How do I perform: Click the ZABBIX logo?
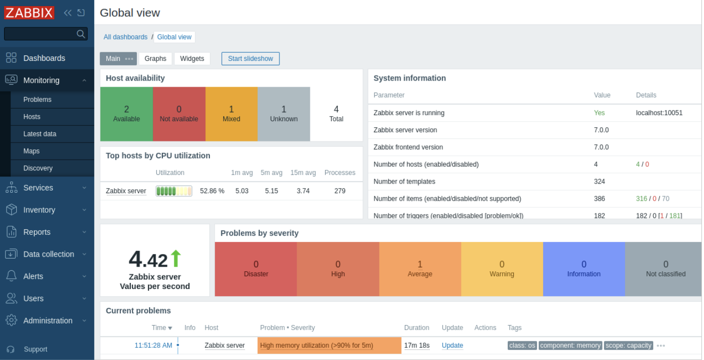tap(29, 13)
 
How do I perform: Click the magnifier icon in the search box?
tap(81, 34)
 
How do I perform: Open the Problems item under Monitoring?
tap(38, 99)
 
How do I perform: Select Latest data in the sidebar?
tap(40, 134)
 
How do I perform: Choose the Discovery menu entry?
tap(38, 168)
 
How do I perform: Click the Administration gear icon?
tap(11, 320)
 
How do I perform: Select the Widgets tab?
tap(192, 59)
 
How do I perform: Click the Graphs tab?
tap(155, 59)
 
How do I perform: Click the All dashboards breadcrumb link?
tap(125, 37)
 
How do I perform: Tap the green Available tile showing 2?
tap(126, 114)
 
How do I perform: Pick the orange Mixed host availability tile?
tap(231, 114)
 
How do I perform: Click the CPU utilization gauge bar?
tap(174, 191)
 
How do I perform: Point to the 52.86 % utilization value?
tap(212, 191)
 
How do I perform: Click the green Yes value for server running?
tap(600, 113)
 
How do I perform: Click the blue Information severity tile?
tap(584, 269)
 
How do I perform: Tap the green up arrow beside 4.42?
tap(175, 259)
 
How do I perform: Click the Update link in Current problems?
tap(452, 346)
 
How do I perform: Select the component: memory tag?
tap(570, 346)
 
